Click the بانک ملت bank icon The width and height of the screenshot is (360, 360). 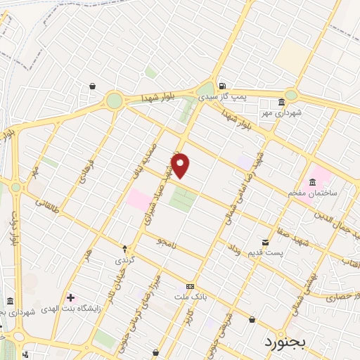pos(190,287)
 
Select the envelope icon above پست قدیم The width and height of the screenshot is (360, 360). pos(264,240)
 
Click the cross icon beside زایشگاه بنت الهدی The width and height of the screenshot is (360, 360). pos(70,297)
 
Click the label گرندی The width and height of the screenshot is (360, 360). pos(125,259)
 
